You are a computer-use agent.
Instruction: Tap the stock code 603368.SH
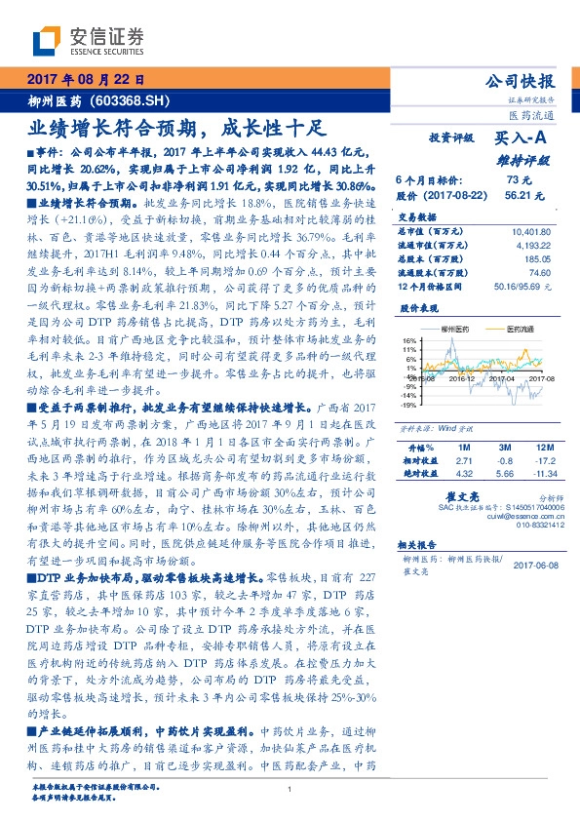pos(133,99)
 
